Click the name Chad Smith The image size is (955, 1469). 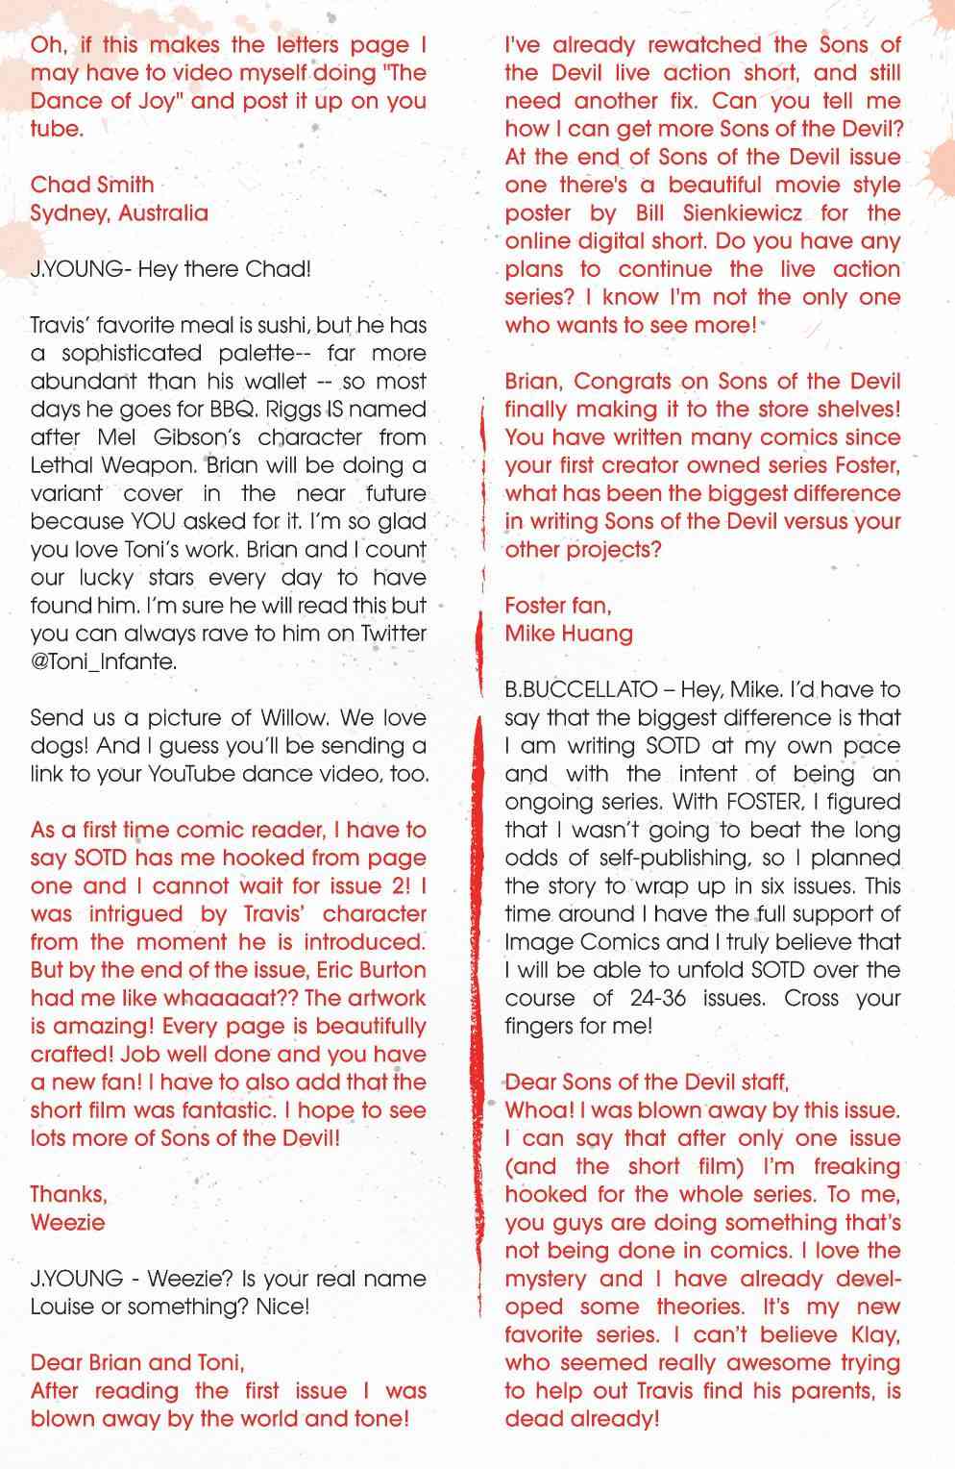point(92,185)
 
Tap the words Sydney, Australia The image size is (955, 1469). point(119,212)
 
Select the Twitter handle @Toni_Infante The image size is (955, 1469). point(104,660)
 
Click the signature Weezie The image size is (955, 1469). point(67,1222)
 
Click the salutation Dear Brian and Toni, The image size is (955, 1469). point(137,1362)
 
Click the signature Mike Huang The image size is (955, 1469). point(569,633)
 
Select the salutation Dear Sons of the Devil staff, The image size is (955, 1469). point(647,1082)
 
